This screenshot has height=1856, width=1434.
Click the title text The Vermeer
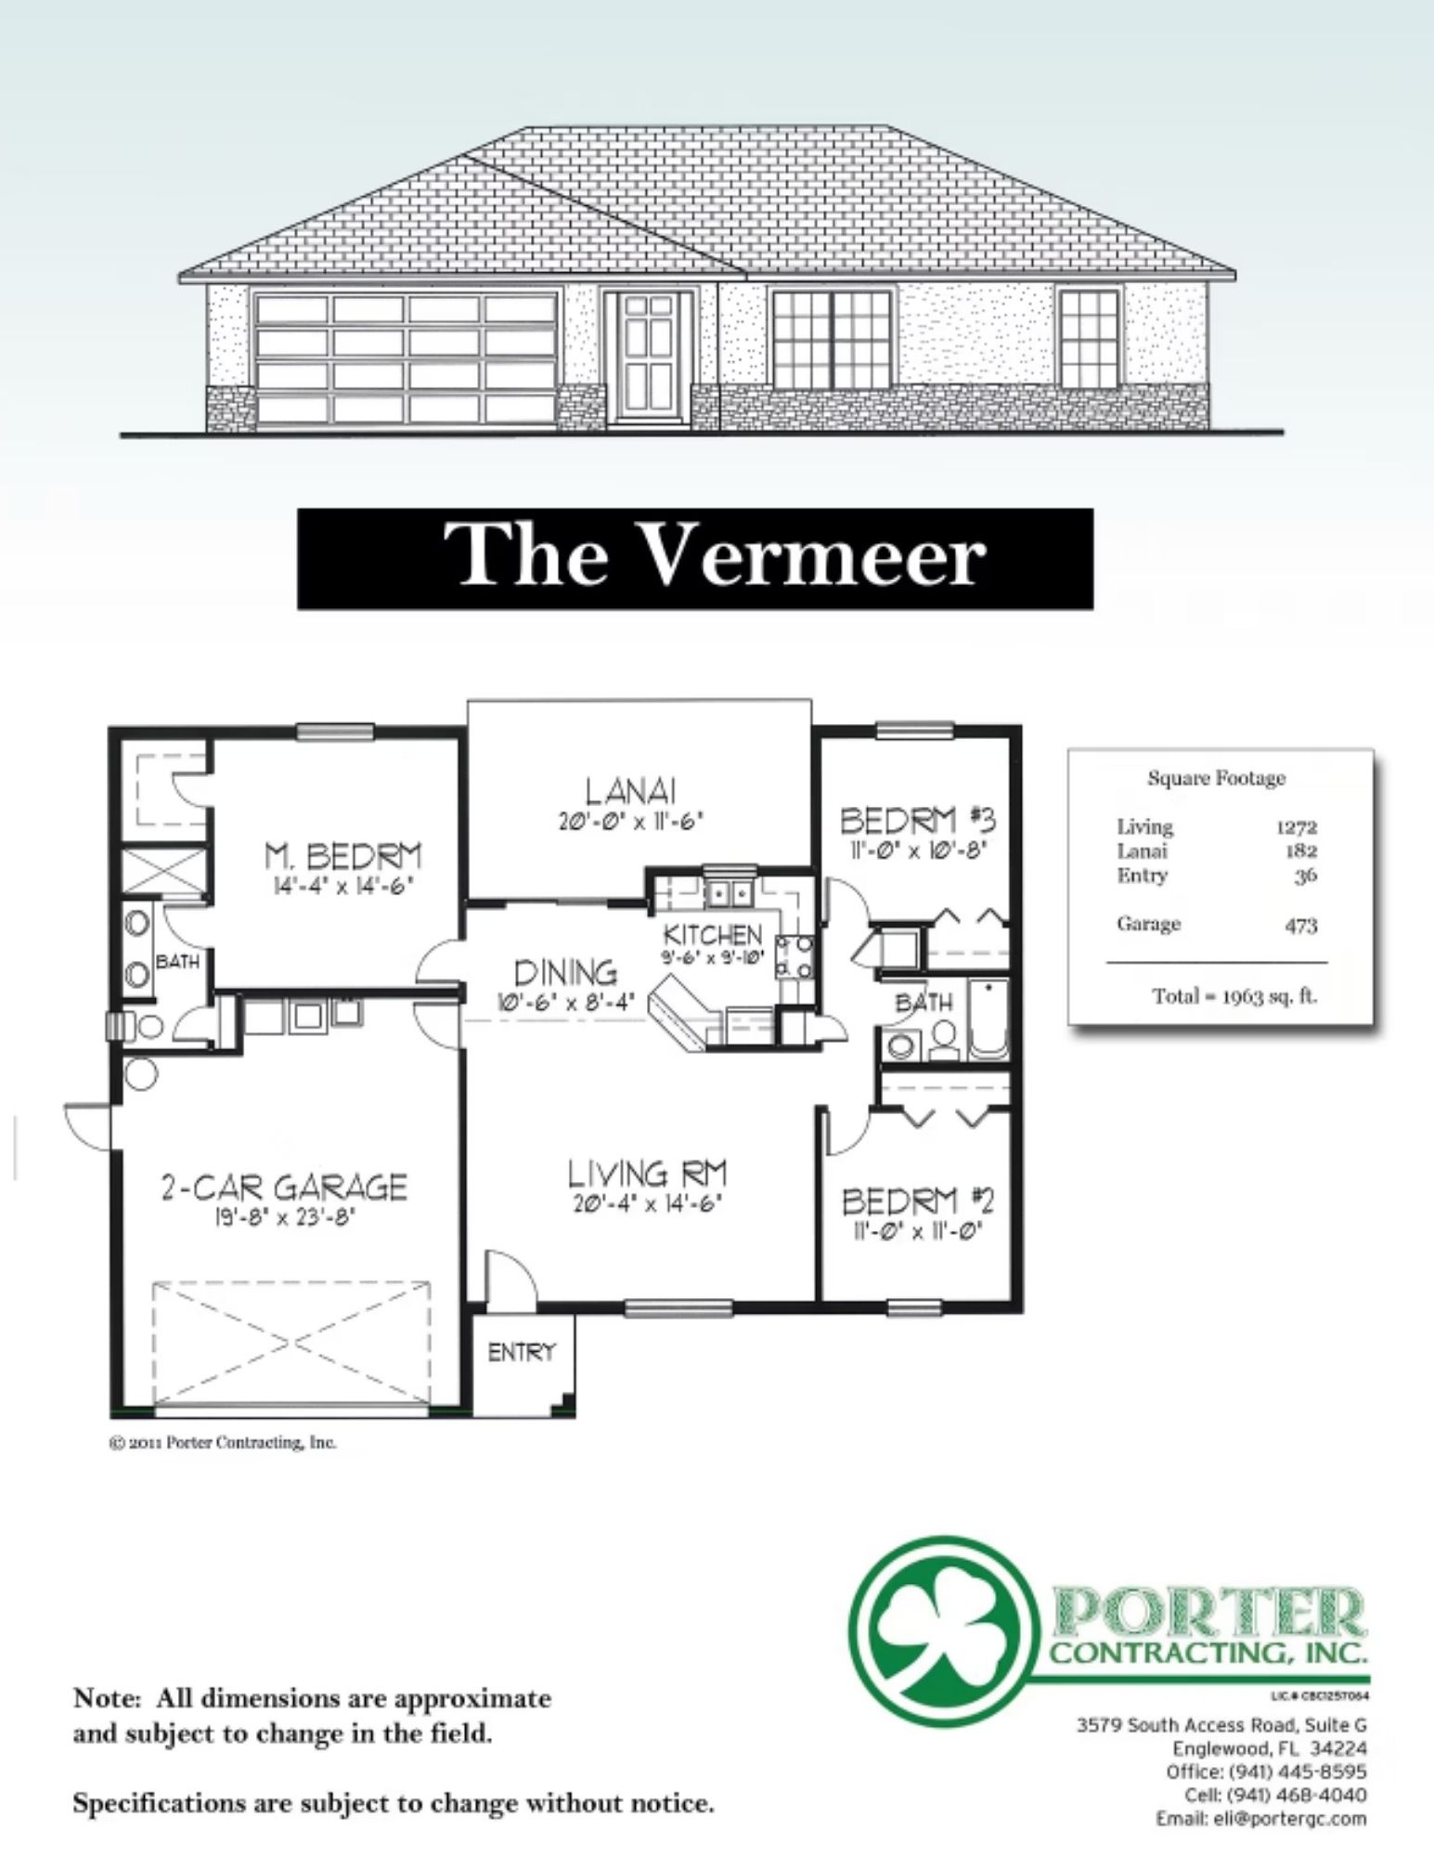coord(714,556)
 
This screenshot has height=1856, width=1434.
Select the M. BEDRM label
coord(342,855)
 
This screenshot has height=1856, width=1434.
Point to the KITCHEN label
coord(713,934)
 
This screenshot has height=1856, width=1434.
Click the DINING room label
coord(566,972)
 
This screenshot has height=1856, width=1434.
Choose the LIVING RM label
coord(647,1174)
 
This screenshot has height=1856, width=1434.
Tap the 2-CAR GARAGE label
coord(284,1187)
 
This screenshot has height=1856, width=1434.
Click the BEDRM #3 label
coord(918,820)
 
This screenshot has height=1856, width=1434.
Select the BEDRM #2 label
coord(918,1201)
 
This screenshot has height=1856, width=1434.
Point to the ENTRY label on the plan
coord(521,1353)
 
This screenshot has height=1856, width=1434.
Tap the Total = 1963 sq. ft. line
coord(1235,996)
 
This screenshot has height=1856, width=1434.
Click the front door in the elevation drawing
coord(649,357)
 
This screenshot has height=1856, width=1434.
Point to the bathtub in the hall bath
coord(988,1019)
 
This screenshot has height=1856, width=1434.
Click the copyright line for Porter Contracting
coord(223,1443)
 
